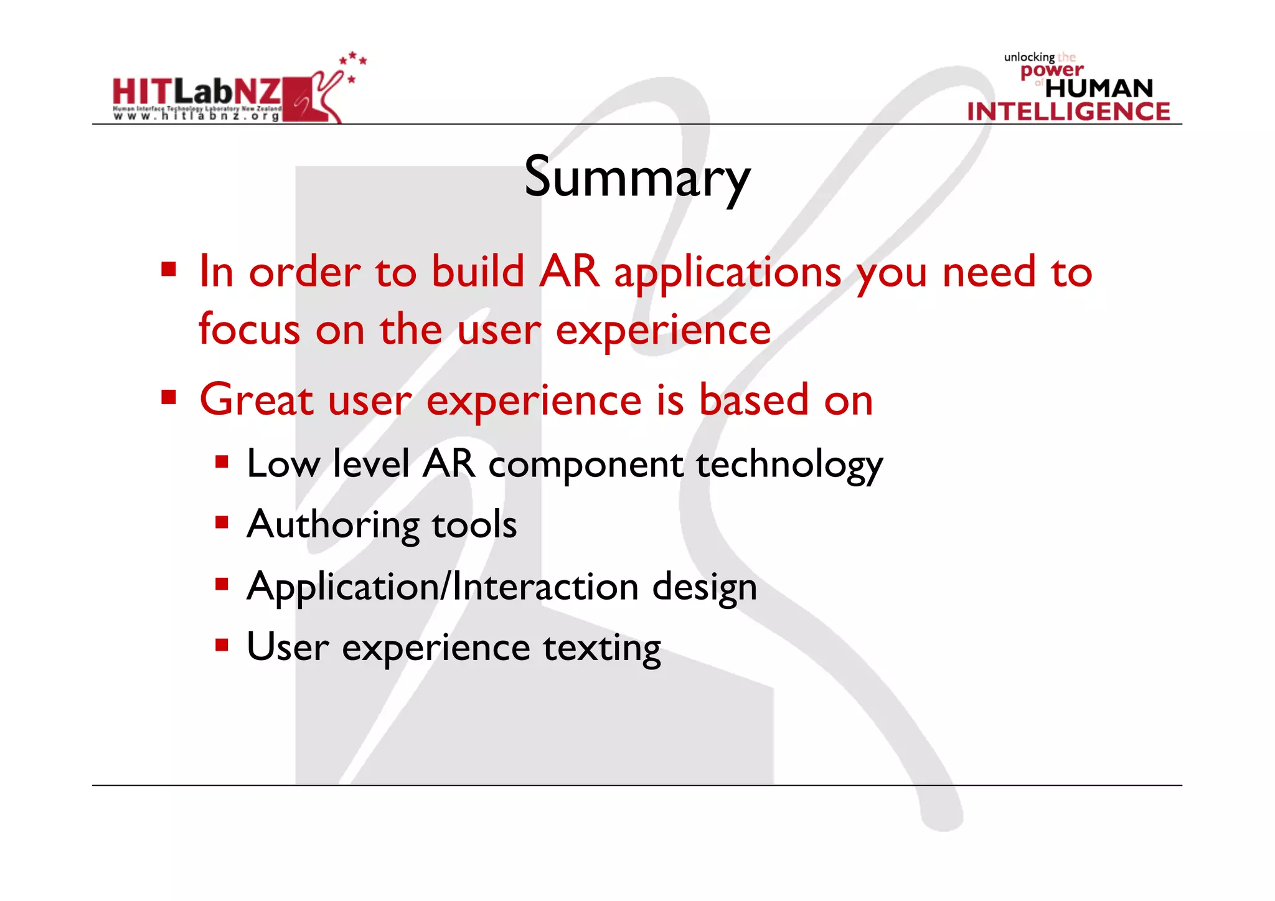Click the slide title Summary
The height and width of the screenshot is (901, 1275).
point(637,177)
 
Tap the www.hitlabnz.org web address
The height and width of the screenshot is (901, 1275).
point(196,116)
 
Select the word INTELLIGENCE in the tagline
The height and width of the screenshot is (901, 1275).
point(1068,111)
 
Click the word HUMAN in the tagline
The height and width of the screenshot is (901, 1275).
point(1099,88)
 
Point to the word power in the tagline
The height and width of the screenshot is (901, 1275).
point(1052,70)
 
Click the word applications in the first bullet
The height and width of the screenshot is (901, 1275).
point(727,273)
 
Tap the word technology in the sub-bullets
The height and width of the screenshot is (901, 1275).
point(789,465)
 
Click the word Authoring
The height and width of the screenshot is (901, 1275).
point(332,525)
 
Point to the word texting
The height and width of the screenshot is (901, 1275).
point(601,648)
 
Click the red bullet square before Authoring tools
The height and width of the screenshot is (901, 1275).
point(222,522)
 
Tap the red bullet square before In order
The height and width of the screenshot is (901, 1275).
point(169,270)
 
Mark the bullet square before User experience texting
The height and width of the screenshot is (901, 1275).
point(222,644)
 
